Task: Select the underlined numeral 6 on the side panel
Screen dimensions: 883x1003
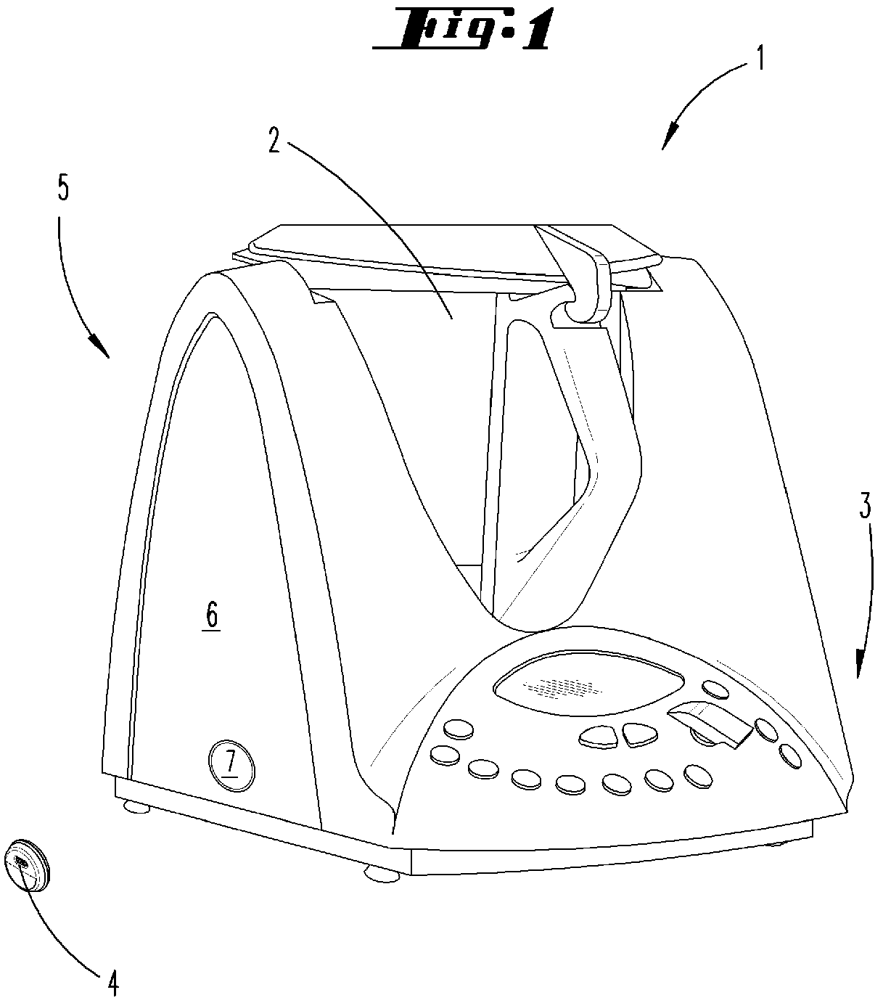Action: click(211, 617)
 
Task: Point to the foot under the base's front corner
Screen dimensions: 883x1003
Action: click(382, 876)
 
